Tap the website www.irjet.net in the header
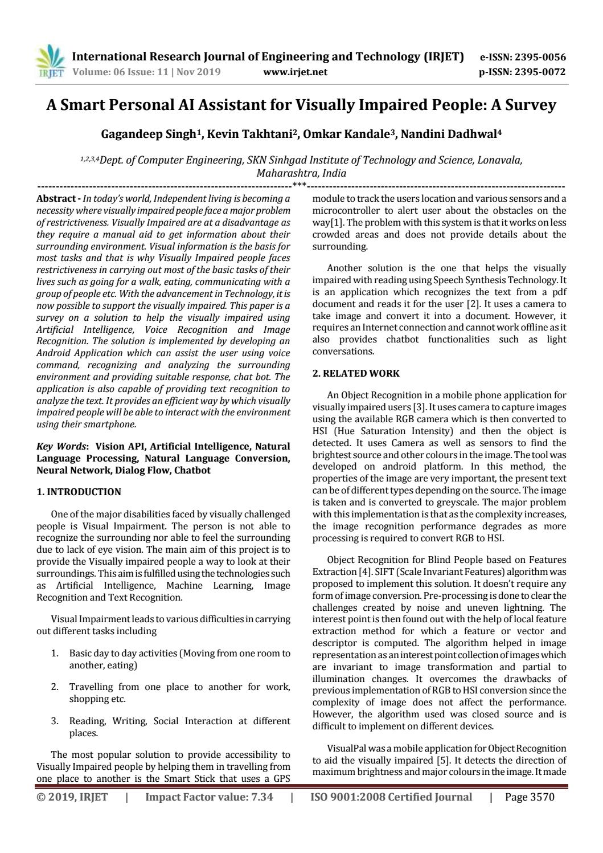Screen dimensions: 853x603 296,72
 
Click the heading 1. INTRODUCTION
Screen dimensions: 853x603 79,492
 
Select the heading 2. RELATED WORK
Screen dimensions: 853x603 356,373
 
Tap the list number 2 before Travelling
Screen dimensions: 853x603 55,687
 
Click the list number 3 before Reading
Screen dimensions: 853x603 55,721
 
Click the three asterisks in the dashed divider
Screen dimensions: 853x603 299,185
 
